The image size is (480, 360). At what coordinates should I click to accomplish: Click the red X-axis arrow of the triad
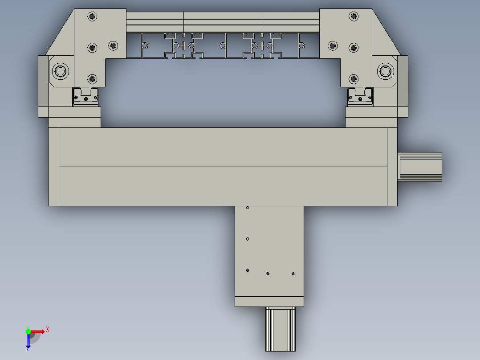coord(39,331)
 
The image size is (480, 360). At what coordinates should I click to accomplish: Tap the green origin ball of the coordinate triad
coord(28,331)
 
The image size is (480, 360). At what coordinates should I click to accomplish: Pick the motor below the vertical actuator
coord(281,329)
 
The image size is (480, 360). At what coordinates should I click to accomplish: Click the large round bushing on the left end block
coord(60,71)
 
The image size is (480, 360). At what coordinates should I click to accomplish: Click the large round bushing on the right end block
coord(386,71)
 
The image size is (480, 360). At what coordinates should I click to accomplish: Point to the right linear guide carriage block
coord(360,97)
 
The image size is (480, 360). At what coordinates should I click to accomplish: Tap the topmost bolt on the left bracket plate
coord(92,17)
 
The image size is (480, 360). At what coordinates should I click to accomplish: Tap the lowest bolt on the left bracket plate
coord(92,79)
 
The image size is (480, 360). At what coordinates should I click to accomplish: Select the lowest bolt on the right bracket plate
coord(354,79)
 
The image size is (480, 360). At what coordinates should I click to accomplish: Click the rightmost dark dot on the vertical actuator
coord(293,274)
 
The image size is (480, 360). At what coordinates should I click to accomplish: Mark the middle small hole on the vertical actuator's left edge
coord(248,239)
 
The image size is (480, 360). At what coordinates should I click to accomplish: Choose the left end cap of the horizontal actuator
coord(53,167)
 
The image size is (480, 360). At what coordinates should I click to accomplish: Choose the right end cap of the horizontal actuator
coord(392,167)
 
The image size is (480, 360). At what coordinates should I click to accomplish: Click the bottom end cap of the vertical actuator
coord(269,302)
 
